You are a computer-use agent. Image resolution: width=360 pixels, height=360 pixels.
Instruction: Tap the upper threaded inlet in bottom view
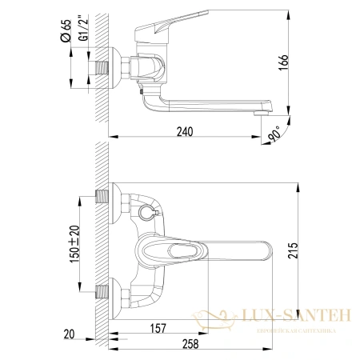pyautogui.click(x=102, y=195)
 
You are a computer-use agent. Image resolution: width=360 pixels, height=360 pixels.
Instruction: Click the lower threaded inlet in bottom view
pyautogui.click(x=102, y=292)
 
